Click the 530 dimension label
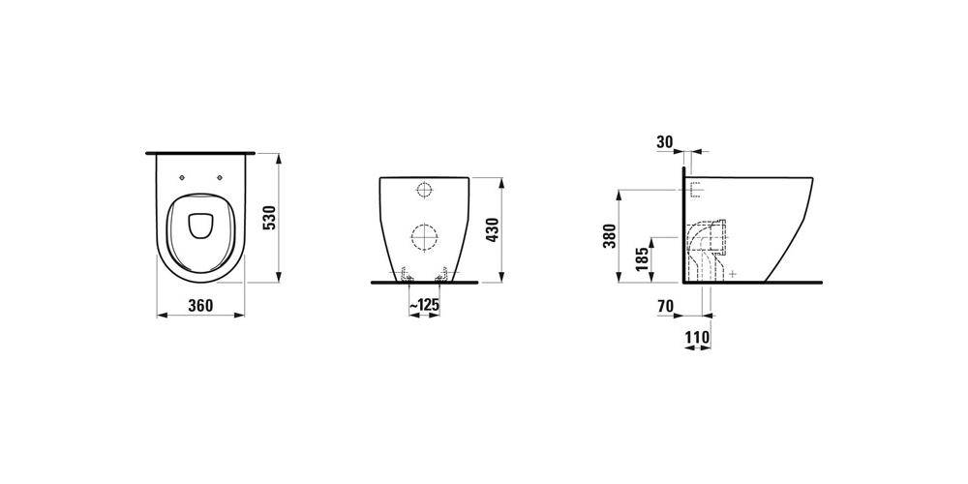tap(269, 217)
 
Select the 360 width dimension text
tap(200, 306)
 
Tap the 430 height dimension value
tap(492, 230)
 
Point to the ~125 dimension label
tap(424, 305)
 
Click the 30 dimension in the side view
tap(665, 142)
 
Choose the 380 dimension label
tap(608, 236)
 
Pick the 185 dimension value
tap(642, 259)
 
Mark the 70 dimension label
tap(666, 306)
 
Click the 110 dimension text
tap(698, 338)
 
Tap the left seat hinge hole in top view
tap(182, 178)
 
